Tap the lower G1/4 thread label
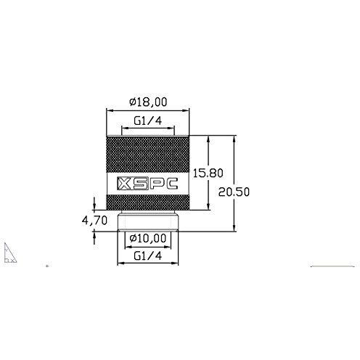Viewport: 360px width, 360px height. pyautogui.click(x=147, y=255)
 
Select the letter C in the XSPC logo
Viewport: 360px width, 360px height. pyautogui.click(x=174, y=184)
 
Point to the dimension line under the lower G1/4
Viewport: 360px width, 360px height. pyautogui.click(x=147, y=263)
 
